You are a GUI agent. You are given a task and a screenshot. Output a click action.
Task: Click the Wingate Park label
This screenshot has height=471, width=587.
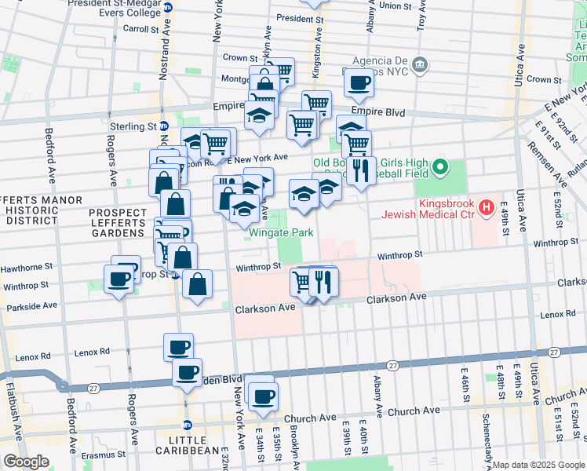281,232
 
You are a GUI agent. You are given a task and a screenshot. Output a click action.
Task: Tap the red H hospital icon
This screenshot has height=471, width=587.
487,208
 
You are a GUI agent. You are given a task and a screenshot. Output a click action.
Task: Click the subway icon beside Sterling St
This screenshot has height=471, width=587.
164,126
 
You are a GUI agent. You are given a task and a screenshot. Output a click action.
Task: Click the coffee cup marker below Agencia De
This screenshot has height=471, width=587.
359,82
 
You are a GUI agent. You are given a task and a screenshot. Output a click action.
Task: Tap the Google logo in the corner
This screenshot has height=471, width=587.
26,462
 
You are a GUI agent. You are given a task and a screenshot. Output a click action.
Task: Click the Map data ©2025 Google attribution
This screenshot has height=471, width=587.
538,465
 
